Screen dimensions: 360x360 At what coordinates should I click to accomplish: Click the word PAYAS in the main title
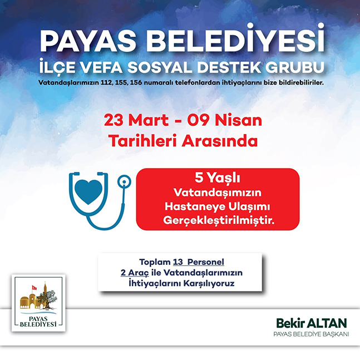pos(88,41)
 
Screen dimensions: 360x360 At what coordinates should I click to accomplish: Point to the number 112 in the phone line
pos(106,83)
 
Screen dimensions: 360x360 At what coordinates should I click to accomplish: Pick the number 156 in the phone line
pos(136,83)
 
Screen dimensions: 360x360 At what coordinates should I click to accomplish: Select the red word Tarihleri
pos(142,141)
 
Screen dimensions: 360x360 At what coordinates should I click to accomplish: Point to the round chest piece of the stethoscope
pos(124,182)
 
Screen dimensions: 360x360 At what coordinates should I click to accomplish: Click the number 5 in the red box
pos(199,177)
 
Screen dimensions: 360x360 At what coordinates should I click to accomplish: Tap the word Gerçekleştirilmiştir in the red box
pos(219,221)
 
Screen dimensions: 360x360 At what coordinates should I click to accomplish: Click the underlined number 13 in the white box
pos(178,262)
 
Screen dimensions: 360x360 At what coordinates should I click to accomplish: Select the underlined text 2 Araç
pos(135,273)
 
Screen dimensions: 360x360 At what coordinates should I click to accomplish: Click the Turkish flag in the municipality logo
pos(34,288)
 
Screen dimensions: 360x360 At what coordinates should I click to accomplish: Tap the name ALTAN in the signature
pos(327,323)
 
